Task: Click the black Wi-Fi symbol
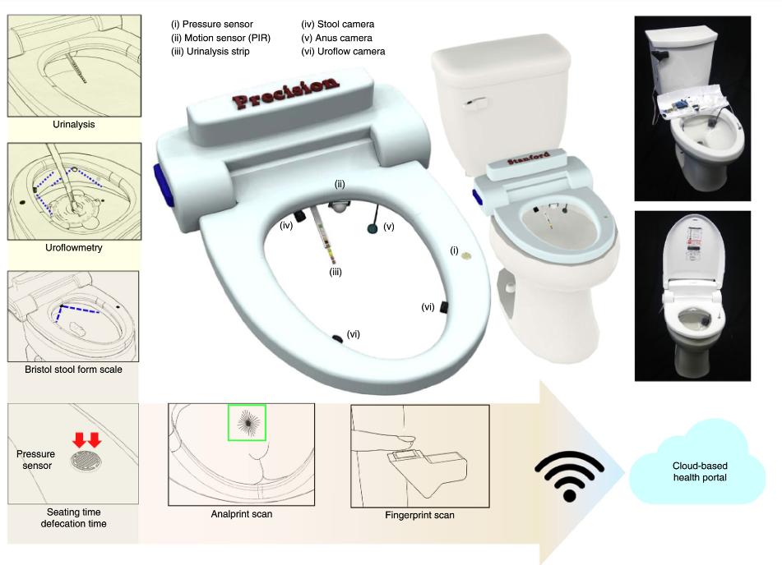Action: tap(569, 475)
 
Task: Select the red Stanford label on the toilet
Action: tap(529, 158)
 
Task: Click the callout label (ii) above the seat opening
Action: tap(340, 184)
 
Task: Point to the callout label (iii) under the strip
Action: tap(335, 272)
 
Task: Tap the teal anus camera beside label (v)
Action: tap(372, 228)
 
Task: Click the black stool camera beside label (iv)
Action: tap(300, 216)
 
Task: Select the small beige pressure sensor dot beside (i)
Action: tap(467, 255)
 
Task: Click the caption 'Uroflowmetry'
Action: tap(74, 248)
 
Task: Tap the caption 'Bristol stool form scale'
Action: tap(73, 370)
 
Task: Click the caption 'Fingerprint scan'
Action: tap(419, 515)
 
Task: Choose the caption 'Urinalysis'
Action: tap(74, 125)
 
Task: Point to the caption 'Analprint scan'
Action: tap(242, 514)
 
